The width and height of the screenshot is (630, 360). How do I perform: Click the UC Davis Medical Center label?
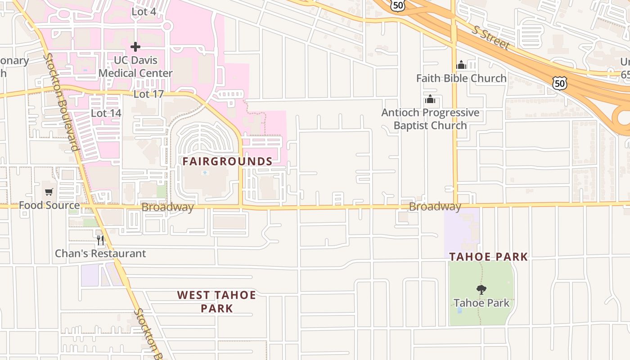point(135,67)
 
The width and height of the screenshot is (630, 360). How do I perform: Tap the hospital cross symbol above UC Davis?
point(135,47)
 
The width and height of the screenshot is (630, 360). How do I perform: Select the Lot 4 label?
point(144,12)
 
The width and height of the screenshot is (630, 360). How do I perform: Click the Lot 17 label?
point(148,94)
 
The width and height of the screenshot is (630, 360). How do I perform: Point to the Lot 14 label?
point(106,113)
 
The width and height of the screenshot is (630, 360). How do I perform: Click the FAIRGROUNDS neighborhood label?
point(227,162)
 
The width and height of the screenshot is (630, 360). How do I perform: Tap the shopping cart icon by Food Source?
point(49,192)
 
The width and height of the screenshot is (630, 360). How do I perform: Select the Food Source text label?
point(49,206)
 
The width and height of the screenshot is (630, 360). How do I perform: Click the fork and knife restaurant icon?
point(100,240)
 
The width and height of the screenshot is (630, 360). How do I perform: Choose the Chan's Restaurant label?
point(100,254)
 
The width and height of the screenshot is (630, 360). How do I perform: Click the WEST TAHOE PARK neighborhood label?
point(216,301)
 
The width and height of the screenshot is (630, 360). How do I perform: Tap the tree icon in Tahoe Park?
point(481,289)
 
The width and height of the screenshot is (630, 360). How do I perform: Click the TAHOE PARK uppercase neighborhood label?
point(488,257)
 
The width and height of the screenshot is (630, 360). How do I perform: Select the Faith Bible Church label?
point(461,78)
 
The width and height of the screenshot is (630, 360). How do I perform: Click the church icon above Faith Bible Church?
point(461,65)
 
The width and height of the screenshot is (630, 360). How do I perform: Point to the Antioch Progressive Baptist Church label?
point(430,119)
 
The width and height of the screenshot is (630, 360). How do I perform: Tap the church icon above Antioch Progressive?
point(430,99)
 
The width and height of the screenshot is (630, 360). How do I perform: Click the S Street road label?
point(491,37)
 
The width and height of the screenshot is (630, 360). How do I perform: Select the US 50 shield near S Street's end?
point(560,83)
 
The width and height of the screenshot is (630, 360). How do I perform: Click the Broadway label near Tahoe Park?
point(435,207)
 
